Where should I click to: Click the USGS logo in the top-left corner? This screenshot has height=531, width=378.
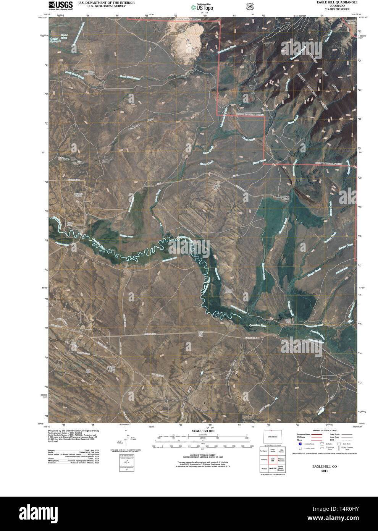click(x=61, y=5)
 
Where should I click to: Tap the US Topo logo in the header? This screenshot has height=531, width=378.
click(x=202, y=7)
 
